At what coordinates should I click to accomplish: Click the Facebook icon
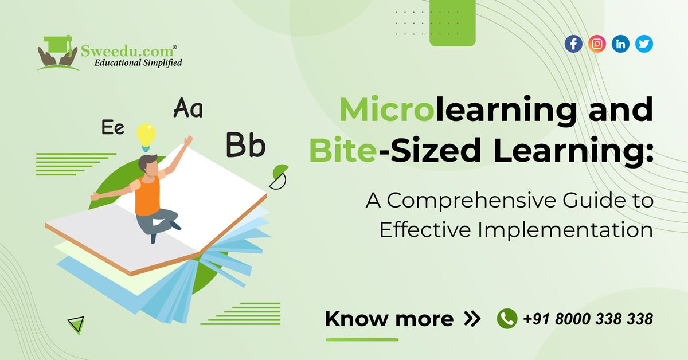click(x=573, y=44)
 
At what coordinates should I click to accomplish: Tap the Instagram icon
click(x=597, y=44)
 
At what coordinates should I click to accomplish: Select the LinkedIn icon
click(x=620, y=44)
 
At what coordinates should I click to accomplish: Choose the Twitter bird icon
click(x=644, y=44)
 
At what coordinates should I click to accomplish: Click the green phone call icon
click(x=507, y=319)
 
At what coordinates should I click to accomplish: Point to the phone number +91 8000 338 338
click(x=588, y=319)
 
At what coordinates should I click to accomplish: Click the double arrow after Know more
click(x=472, y=319)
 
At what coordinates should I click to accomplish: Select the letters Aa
click(x=188, y=108)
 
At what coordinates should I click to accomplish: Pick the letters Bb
click(x=245, y=144)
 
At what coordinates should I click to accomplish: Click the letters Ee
click(x=113, y=127)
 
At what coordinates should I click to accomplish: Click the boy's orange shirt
click(x=147, y=195)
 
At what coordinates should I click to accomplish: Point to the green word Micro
click(x=387, y=109)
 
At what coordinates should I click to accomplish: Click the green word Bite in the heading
click(x=342, y=150)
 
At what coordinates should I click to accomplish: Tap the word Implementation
click(x=565, y=230)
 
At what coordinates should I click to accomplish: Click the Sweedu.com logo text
click(x=127, y=51)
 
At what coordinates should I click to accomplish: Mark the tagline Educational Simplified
click(x=138, y=63)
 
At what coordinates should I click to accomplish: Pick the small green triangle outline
click(x=77, y=324)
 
